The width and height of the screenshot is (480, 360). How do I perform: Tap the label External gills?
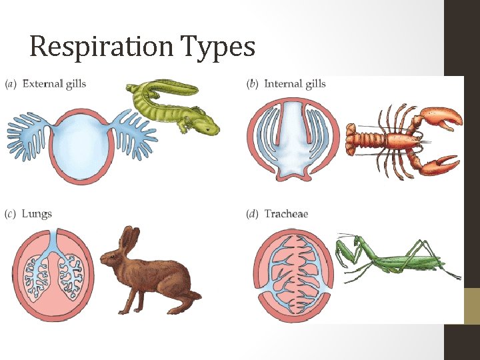pos(54,84)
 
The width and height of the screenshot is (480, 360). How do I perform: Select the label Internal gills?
pos(295,84)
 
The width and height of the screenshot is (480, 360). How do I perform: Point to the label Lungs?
pos(37,214)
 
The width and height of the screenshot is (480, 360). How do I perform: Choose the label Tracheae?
pos(286,214)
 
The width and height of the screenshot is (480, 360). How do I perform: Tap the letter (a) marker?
pos(11,84)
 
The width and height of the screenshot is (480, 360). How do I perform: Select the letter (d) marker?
pos(253,214)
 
